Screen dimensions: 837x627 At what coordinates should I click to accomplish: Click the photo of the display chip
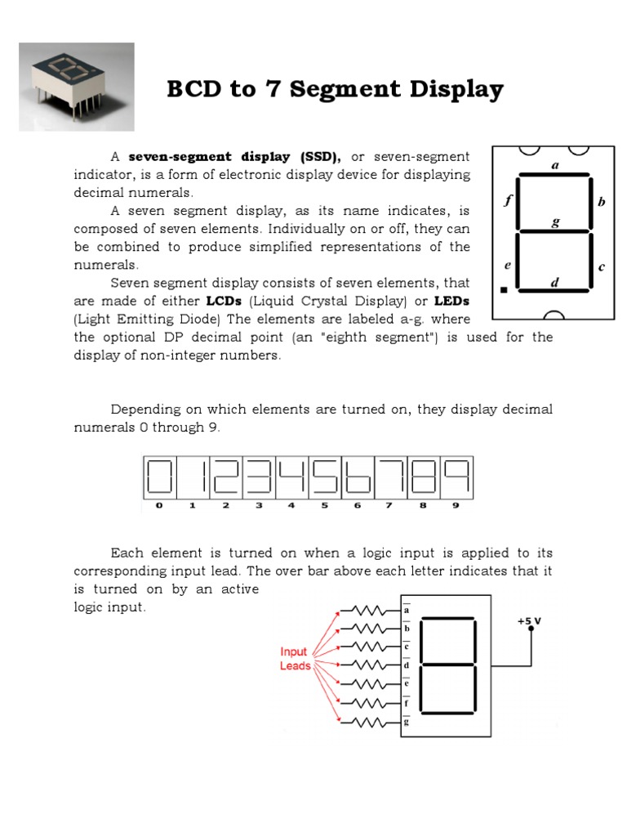pyautogui.click(x=76, y=87)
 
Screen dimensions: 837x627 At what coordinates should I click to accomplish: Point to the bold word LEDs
pyautogui.click(x=453, y=301)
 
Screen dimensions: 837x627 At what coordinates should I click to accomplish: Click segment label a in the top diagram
pyautogui.click(x=555, y=164)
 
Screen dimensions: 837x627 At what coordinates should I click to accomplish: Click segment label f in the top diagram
pyautogui.click(x=508, y=200)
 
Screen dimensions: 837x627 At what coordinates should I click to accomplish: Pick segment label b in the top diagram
pyautogui.click(x=602, y=202)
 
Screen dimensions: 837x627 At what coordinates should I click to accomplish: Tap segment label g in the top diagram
pyautogui.click(x=555, y=222)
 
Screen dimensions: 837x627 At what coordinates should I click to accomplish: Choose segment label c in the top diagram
pyautogui.click(x=602, y=266)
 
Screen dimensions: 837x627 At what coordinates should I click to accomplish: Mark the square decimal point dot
pyautogui.click(x=504, y=289)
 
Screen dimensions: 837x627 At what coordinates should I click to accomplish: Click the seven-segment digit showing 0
pyautogui.click(x=160, y=477)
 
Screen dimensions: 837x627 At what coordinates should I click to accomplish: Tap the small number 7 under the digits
pyautogui.click(x=389, y=505)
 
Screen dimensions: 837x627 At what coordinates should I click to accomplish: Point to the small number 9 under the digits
pyautogui.click(x=456, y=505)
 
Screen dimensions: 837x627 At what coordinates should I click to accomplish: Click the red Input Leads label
pyautogui.click(x=295, y=659)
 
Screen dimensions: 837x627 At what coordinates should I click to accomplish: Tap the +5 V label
pyautogui.click(x=529, y=621)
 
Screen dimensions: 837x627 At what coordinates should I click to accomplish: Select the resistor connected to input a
pyautogui.click(x=366, y=610)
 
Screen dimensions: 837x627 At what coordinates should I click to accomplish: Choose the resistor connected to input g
pyautogui.click(x=366, y=722)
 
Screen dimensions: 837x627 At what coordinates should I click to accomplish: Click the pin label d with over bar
pyautogui.click(x=407, y=665)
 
